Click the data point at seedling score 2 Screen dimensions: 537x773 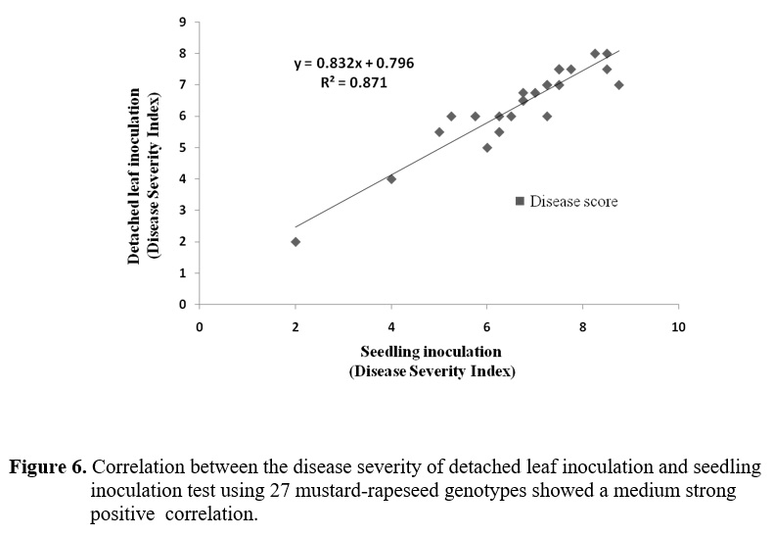[x=296, y=242]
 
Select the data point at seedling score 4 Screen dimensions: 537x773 [x=391, y=179]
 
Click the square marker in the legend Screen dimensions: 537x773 [x=520, y=201]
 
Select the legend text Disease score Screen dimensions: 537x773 [x=573, y=202]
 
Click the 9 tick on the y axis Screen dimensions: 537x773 [x=183, y=22]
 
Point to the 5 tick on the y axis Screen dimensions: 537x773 [x=183, y=148]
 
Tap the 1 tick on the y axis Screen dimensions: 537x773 [x=183, y=273]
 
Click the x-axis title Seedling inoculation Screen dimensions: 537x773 [x=431, y=352]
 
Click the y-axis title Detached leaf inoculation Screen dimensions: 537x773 [x=135, y=177]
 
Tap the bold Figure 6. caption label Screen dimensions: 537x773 [x=47, y=466]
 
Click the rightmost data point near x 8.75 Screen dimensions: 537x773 [x=618, y=85]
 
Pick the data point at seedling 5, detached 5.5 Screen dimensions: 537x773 [x=439, y=132]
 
